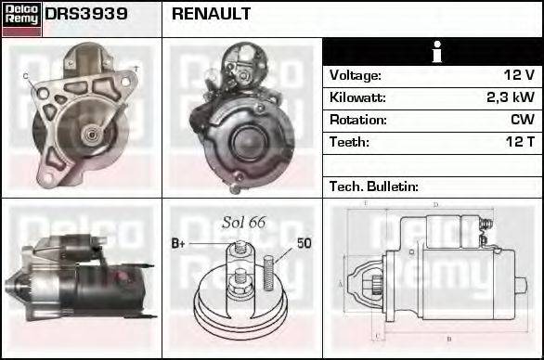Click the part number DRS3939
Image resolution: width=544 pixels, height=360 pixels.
86,16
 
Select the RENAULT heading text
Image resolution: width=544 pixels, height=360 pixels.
211,16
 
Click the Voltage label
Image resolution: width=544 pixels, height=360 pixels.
356,75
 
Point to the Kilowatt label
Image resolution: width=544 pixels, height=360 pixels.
357,97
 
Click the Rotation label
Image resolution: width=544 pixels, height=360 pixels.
356,120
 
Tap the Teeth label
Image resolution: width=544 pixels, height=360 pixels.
349,142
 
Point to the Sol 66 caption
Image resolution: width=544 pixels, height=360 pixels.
244,223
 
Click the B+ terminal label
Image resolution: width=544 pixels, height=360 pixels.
180,244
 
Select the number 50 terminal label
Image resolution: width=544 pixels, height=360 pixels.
304,244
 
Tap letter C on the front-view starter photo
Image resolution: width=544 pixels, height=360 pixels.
25,75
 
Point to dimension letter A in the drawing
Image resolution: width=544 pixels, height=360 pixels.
341,283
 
